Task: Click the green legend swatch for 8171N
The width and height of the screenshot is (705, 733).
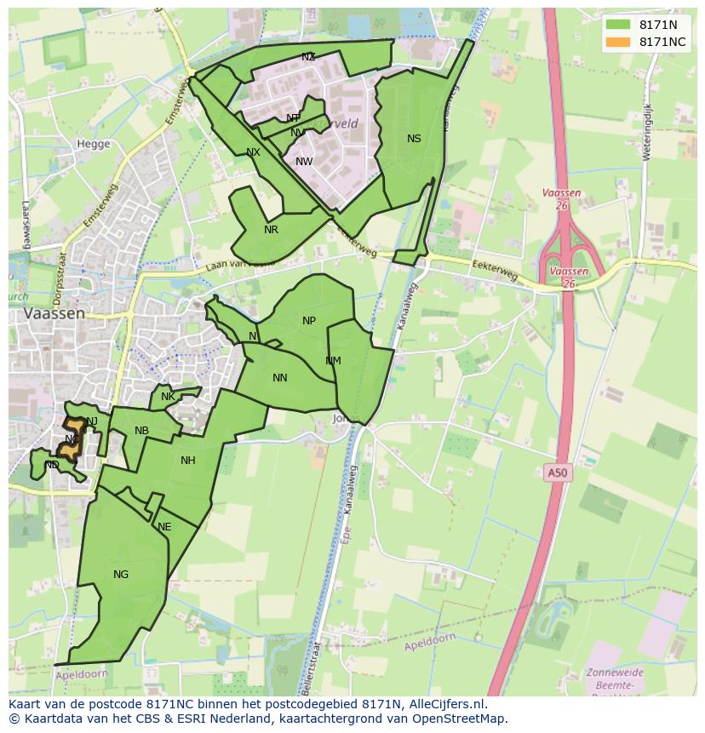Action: tap(618, 25)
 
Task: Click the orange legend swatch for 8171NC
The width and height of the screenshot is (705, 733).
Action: tap(618, 42)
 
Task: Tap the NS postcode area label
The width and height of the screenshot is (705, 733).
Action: tap(414, 139)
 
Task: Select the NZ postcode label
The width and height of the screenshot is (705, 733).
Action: tap(308, 57)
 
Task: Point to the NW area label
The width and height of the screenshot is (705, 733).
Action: tap(304, 162)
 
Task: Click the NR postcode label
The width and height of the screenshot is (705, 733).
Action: tap(271, 230)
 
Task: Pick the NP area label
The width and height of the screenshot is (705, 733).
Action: tap(308, 321)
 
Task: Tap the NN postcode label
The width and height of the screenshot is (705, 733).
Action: tap(279, 378)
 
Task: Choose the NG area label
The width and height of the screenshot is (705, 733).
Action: tap(121, 575)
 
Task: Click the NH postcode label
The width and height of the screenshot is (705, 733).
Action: tap(188, 461)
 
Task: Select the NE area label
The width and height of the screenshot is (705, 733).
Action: tap(164, 527)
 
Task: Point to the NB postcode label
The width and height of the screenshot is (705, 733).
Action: tap(141, 431)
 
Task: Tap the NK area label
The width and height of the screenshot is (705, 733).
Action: tap(168, 397)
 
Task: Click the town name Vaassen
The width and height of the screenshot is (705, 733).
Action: tap(54, 313)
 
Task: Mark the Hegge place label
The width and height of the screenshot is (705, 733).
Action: tap(94, 144)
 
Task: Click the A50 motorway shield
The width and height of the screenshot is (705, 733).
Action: tap(556, 472)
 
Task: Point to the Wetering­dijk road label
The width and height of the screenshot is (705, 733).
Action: tap(647, 132)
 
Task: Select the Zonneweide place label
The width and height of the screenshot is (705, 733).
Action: tap(615, 673)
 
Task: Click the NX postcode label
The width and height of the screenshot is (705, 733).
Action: tap(253, 153)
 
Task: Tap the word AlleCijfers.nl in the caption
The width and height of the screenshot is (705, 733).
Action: tap(443, 704)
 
